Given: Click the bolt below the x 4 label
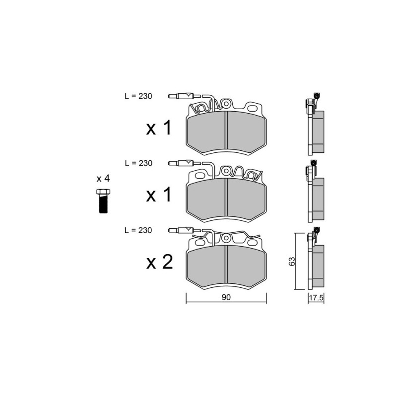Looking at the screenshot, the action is point(103,201).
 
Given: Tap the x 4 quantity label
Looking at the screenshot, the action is point(103,179).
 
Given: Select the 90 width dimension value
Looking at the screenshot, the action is point(226,297).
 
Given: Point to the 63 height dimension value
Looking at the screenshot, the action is point(292,262).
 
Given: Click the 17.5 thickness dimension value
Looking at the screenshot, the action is point(316,298).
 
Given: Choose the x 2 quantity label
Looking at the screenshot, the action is point(159,262).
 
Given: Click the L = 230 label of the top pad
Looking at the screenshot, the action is point(138,96).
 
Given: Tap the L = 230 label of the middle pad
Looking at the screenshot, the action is point(138,163).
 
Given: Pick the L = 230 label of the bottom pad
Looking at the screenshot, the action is point(138,230).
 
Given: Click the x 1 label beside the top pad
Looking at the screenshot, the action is point(159,128).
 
